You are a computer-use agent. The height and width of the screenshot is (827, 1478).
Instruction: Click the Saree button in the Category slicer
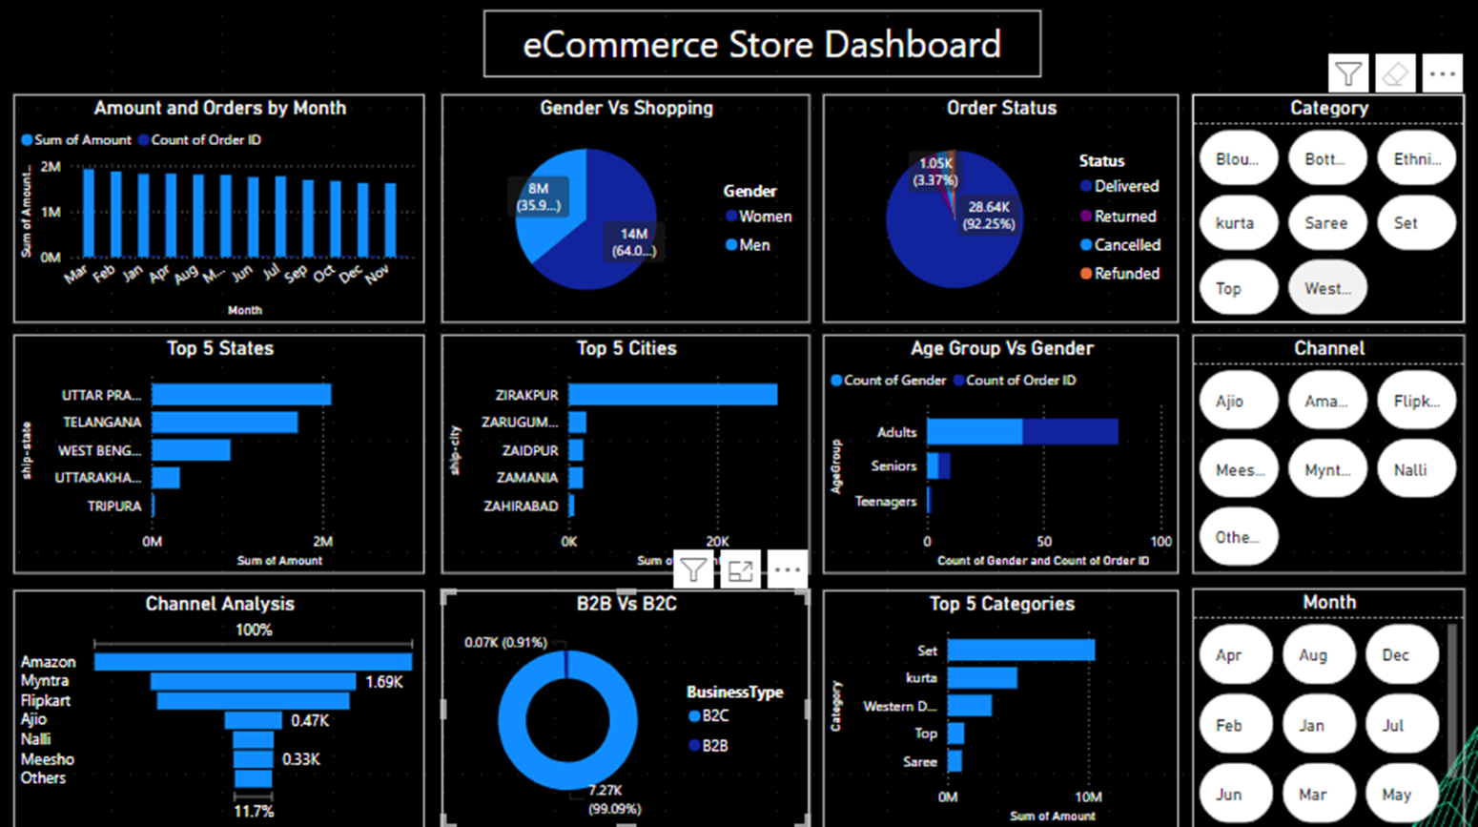click(1326, 223)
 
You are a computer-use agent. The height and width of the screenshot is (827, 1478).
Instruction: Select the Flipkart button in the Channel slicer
click(1416, 402)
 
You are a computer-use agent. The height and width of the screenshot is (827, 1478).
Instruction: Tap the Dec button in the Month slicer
click(1395, 655)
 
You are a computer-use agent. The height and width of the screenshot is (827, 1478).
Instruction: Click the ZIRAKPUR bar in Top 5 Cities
click(672, 394)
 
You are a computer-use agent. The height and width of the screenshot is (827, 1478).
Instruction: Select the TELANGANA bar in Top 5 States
click(224, 422)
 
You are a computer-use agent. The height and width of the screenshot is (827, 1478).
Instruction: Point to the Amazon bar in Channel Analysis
click(253, 661)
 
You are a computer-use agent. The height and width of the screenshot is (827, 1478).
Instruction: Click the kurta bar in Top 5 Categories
click(981, 678)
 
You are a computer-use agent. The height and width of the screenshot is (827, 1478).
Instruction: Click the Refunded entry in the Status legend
click(1126, 274)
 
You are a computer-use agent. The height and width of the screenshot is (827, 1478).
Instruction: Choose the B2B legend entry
click(714, 746)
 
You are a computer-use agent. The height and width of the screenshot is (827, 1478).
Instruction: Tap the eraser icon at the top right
click(1395, 73)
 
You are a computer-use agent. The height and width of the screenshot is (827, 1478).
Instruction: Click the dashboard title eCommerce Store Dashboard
click(762, 45)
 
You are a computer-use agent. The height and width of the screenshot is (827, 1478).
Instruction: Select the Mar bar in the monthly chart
click(88, 213)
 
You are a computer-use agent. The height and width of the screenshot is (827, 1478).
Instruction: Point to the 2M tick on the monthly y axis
click(51, 167)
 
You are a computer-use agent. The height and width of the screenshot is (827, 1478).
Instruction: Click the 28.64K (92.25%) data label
click(989, 216)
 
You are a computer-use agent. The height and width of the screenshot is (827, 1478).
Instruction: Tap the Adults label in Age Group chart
click(896, 432)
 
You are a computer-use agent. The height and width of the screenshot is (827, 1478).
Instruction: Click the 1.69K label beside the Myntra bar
click(384, 682)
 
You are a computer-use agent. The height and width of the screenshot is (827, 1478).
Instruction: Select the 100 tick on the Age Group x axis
click(1160, 542)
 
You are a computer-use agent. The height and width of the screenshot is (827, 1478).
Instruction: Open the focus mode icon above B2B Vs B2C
click(741, 570)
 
